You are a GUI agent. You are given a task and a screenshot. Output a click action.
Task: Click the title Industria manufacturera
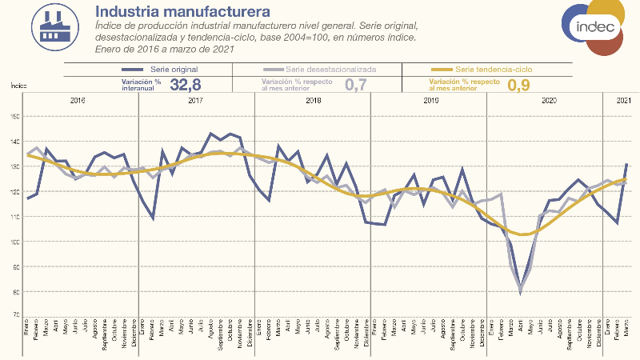tap(182, 11)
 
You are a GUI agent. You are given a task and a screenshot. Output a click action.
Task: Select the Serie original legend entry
tap(168, 70)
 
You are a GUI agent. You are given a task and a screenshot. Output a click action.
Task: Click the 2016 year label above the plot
tap(78, 101)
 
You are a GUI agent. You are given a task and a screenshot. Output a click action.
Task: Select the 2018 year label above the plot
tap(313, 101)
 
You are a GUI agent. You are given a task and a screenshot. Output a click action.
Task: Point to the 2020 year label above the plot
tap(549, 101)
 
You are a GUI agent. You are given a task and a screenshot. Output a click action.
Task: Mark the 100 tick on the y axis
tap(14, 242)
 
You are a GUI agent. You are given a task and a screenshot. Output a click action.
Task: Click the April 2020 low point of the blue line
tap(521, 292)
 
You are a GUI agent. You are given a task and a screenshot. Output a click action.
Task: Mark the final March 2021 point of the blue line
tap(626, 164)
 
